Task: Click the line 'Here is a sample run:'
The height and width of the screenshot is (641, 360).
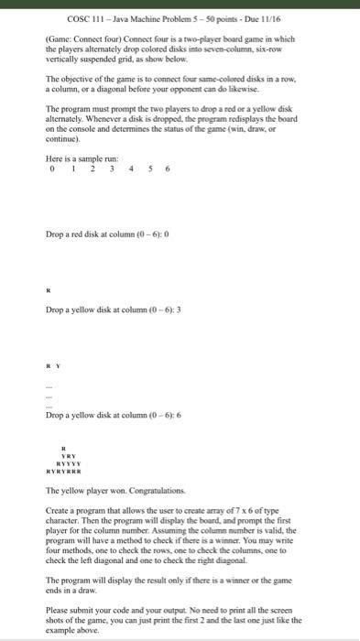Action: (x=82, y=183)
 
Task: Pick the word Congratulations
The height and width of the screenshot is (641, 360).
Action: (x=151, y=491)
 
